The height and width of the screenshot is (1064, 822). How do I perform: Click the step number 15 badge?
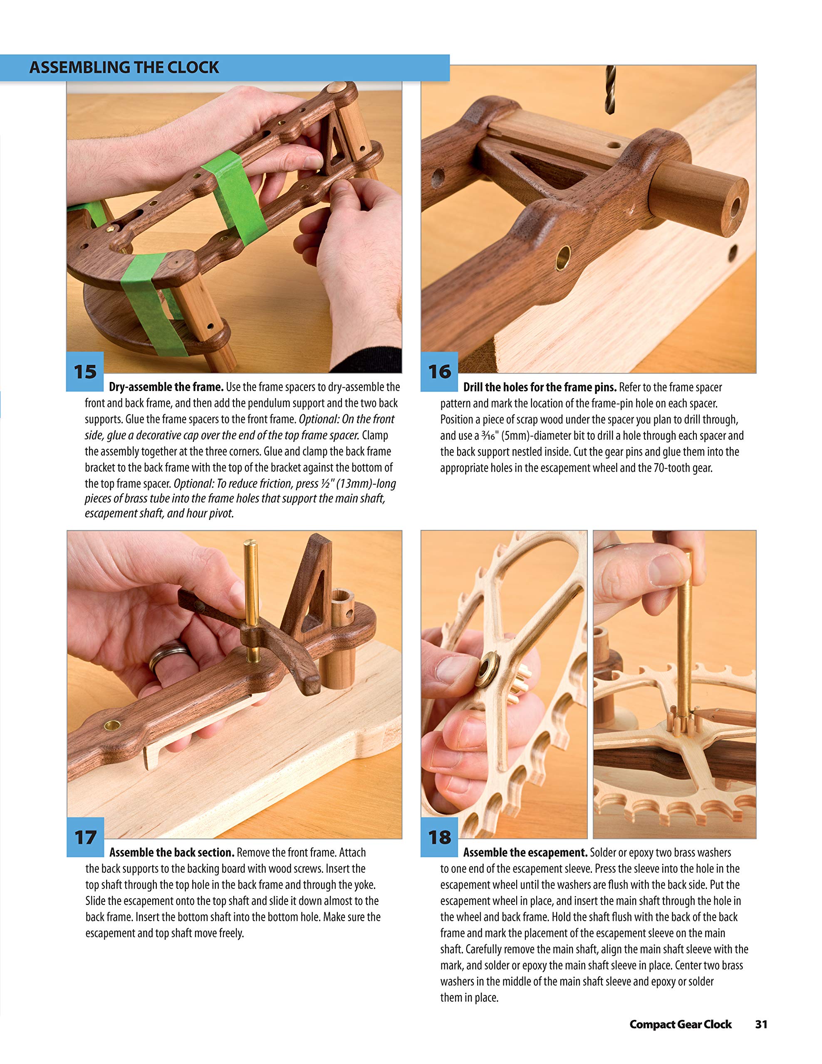pos(85,372)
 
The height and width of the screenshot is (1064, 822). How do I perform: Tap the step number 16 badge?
pos(439,372)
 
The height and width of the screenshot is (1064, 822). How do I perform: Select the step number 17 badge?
pos(85,837)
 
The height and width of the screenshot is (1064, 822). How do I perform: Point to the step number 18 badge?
pos(439,837)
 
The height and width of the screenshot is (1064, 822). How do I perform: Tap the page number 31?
pos(761,1024)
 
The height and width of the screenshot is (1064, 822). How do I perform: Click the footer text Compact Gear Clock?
pos(680,1024)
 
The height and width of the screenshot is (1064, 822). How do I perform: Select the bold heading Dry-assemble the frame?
pos(166,387)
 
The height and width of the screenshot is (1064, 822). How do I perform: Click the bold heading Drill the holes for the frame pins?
pos(539,387)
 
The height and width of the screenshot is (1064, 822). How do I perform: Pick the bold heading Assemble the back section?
pos(172,852)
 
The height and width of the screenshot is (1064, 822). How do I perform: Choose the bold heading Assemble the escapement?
pos(525,852)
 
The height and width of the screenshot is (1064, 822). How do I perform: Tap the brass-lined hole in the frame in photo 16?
pos(563,258)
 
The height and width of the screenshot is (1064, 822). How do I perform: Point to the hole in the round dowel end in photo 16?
pos(734,207)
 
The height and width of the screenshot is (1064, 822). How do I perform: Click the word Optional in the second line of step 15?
pos(318,419)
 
